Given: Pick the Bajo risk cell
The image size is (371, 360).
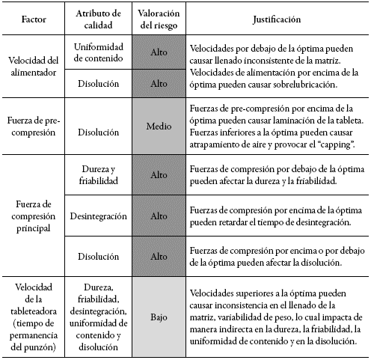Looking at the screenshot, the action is click(157, 318).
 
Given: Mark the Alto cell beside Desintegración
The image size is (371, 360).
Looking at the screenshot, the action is click(157, 215).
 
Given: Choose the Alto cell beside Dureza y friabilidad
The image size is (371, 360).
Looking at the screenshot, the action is click(157, 174).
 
